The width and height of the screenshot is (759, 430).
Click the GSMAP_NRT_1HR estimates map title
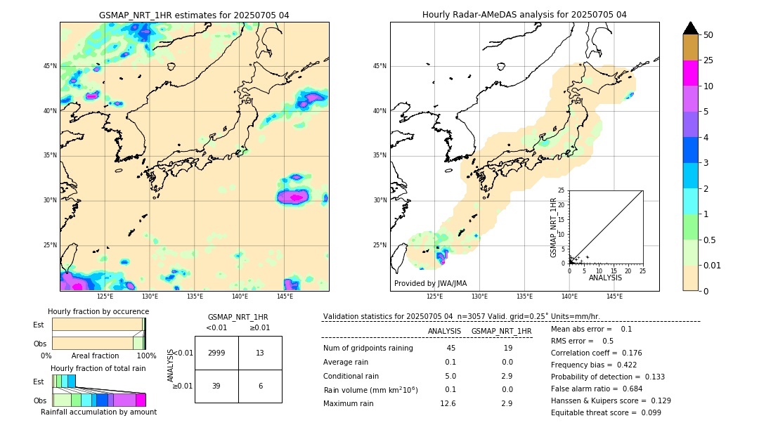click(194, 15)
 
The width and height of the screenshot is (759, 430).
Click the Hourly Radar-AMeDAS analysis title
click(524, 15)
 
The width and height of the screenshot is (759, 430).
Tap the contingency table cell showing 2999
click(216, 353)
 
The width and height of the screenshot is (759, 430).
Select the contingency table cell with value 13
click(260, 353)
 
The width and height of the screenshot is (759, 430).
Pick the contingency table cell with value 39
click(216, 386)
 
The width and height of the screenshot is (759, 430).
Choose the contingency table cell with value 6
click(260, 386)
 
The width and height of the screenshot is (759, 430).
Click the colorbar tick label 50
click(708, 35)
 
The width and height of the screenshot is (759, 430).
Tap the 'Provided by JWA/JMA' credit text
click(430, 283)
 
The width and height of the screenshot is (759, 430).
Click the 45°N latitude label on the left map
click(50, 66)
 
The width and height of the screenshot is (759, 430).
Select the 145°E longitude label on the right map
click(614, 297)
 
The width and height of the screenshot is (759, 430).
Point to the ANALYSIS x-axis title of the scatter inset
click(605, 278)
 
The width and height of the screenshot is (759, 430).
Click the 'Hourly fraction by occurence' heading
click(98, 311)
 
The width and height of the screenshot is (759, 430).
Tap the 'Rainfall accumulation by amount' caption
click(99, 412)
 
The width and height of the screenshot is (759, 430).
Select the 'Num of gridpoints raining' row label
click(368, 348)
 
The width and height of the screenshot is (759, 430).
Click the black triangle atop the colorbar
click(691, 28)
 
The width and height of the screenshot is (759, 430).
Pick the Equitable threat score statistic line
click(606, 412)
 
